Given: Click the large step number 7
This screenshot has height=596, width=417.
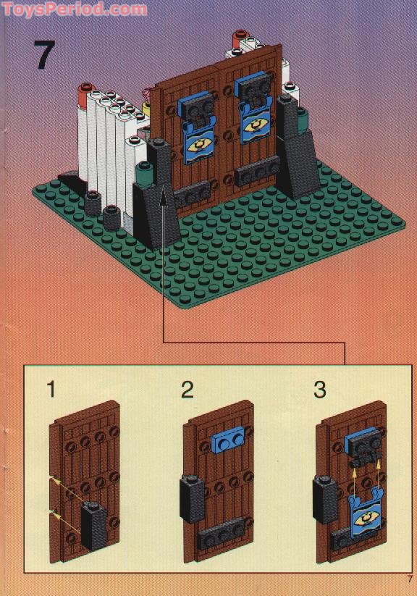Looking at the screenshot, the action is (x=44, y=55).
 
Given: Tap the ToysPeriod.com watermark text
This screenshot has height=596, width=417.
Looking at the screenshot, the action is (x=75, y=9).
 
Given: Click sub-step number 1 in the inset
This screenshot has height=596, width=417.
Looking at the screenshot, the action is (x=51, y=390).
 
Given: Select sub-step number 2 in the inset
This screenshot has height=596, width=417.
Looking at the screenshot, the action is (x=187, y=390).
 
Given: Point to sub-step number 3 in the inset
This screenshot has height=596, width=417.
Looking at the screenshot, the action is (x=320, y=390).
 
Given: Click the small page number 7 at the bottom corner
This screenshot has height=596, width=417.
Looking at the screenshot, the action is (x=409, y=579).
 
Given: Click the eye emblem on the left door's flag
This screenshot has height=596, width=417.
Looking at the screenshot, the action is (x=198, y=145).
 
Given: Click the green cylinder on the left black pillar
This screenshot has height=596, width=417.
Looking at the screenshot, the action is (x=145, y=174).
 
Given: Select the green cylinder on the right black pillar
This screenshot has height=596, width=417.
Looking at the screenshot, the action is (x=301, y=119).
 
